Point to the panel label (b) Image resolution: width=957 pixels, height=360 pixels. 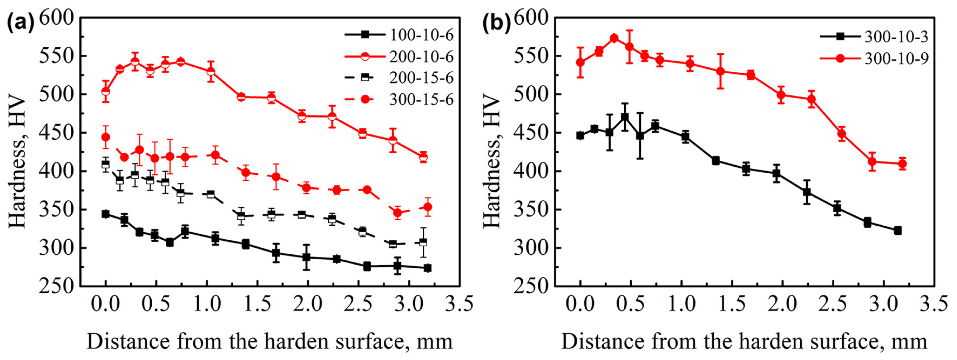point(496,23)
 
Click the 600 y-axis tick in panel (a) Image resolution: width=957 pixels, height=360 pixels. point(56,17)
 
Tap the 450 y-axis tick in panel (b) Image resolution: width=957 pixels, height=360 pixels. point(531,133)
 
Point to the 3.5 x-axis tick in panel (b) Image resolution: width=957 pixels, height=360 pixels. point(934,304)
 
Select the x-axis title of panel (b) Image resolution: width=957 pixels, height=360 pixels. point(744,341)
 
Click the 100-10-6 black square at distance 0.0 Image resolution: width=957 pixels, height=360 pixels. point(106,214)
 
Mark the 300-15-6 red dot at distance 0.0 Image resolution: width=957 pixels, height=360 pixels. point(106,137)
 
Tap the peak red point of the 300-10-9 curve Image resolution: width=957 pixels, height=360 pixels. point(614,38)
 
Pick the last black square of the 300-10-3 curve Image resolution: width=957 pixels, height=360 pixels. point(898,231)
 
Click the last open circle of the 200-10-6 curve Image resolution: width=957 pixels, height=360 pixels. point(423,157)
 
